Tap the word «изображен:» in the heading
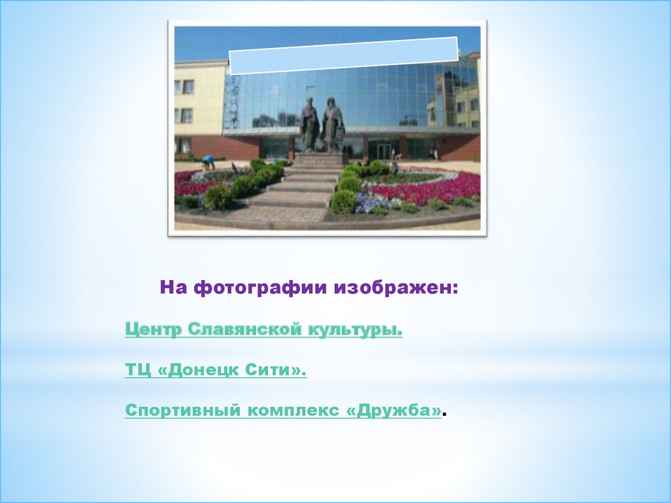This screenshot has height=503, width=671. pos(396,287)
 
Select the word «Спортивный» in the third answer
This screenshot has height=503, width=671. pos(183,411)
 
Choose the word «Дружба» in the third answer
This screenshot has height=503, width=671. pos(394,410)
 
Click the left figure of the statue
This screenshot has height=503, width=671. pos(309,124)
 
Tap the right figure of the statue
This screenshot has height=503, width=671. pos(333,124)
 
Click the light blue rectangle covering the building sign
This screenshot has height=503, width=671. pos(344,56)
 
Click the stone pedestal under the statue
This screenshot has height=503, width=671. pos(320,159)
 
